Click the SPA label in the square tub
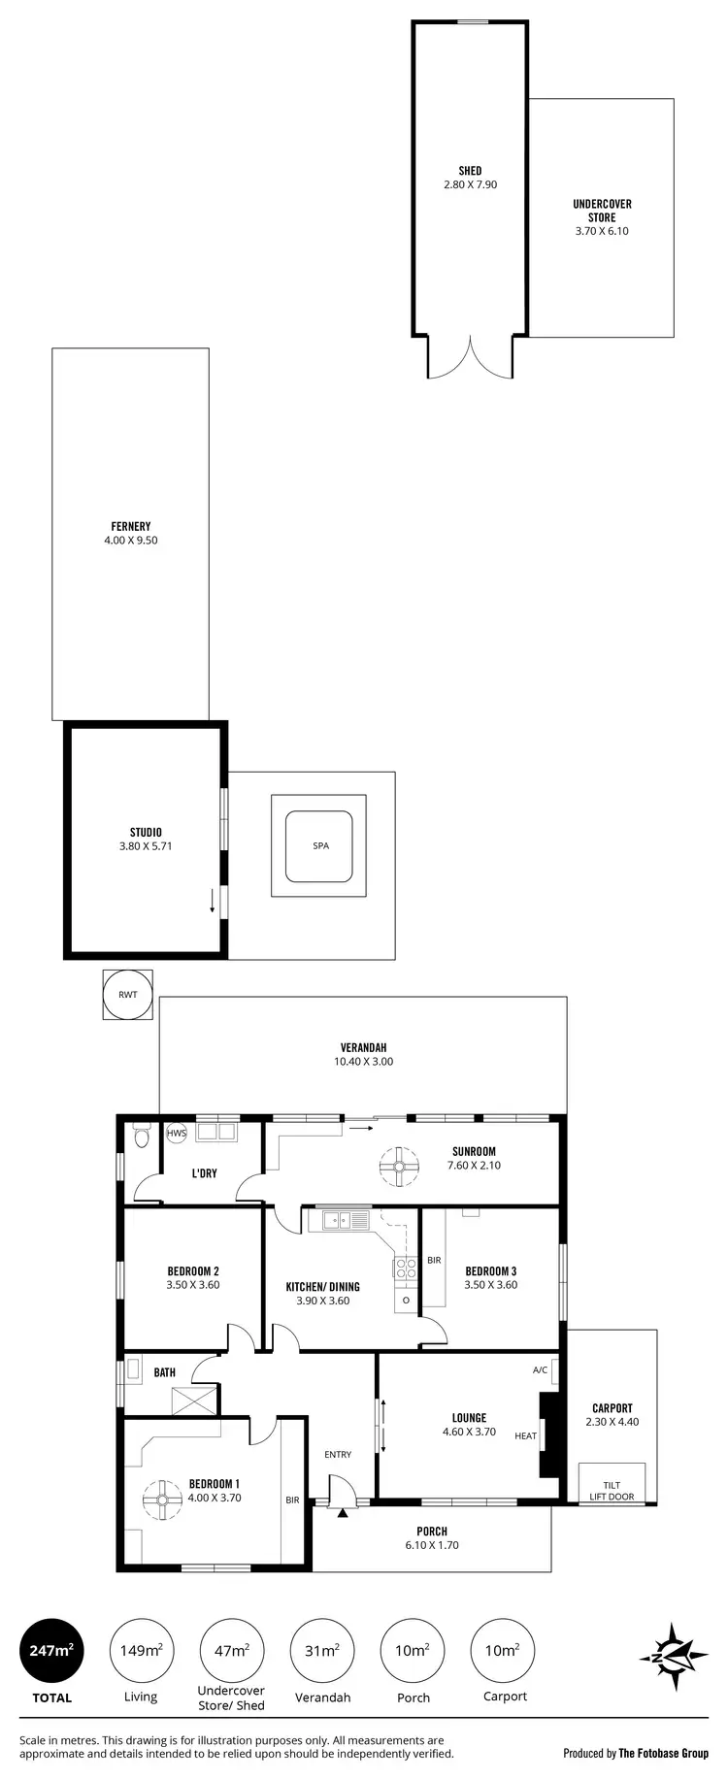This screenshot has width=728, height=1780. click(320, 845)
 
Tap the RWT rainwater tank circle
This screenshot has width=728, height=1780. click(128, 995)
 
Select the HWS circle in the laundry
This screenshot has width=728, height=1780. click(177, 1133)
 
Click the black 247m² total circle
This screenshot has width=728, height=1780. click(51, 1651)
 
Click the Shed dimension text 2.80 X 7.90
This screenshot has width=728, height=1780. click(470, 184)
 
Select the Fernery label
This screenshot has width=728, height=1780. click(130, 526)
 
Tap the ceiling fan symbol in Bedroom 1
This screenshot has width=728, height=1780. click(161, 1500)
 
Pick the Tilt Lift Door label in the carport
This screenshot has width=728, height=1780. click(612, 1491)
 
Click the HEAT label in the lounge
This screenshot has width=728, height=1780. click(525, 1435)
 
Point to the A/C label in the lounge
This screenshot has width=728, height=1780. click(541, 1370)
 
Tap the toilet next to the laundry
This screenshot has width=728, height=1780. click(142, 1135)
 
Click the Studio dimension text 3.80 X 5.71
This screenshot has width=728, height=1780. click(146, 846)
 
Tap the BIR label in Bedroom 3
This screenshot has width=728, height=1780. click(434, 1261)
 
